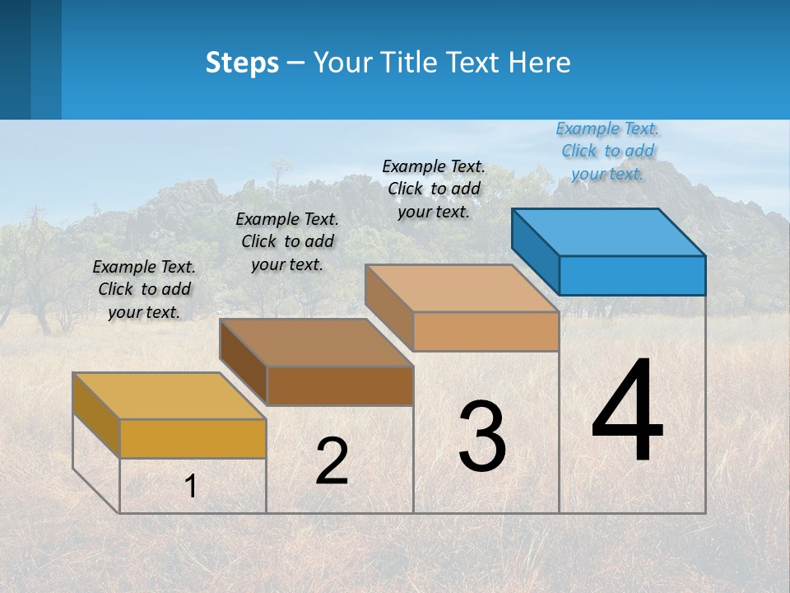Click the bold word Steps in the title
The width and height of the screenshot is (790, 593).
click(242, 63)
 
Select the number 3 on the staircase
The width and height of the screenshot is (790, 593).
click(482, 437)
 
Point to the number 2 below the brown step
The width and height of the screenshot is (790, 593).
click(332, 461)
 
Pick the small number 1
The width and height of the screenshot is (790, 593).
click(191, 487)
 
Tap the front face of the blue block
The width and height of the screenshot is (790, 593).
click(632, 276)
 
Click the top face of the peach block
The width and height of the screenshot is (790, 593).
click(461, 288)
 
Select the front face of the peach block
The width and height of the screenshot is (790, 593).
click(486, 332)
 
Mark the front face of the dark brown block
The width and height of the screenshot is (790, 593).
click(340, 386)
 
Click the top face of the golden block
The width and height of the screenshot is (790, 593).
click(169, 396)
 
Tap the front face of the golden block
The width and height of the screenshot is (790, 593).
click(193, 439)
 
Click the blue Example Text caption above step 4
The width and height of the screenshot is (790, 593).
click(607, 151)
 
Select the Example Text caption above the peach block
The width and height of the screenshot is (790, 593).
click(434, 189)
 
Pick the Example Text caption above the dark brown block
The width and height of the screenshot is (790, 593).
click(287, 241)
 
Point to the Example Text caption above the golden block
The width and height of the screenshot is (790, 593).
click(144, 289)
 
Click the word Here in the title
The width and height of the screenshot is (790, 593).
click(540, 63)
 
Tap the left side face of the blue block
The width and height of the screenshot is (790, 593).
click(536, 251)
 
